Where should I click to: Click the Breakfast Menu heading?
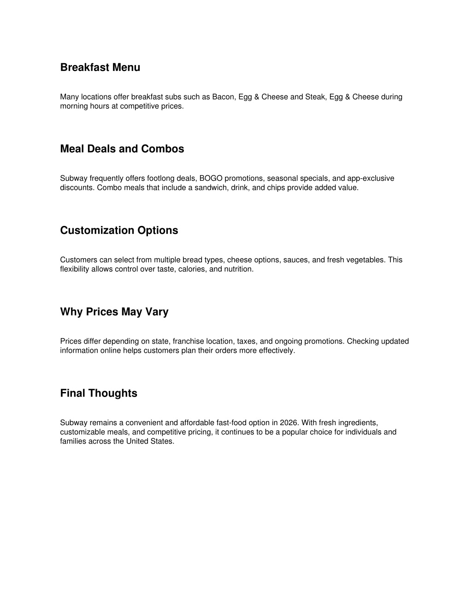100,67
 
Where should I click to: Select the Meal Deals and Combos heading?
122,149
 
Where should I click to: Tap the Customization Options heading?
119,231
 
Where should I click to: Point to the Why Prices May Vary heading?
114,312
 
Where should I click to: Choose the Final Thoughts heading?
99,393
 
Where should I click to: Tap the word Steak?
315,97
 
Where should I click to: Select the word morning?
73,106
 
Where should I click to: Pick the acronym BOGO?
211,178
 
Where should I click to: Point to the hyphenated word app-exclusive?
371,178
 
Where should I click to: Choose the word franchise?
189,341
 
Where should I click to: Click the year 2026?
289,423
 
